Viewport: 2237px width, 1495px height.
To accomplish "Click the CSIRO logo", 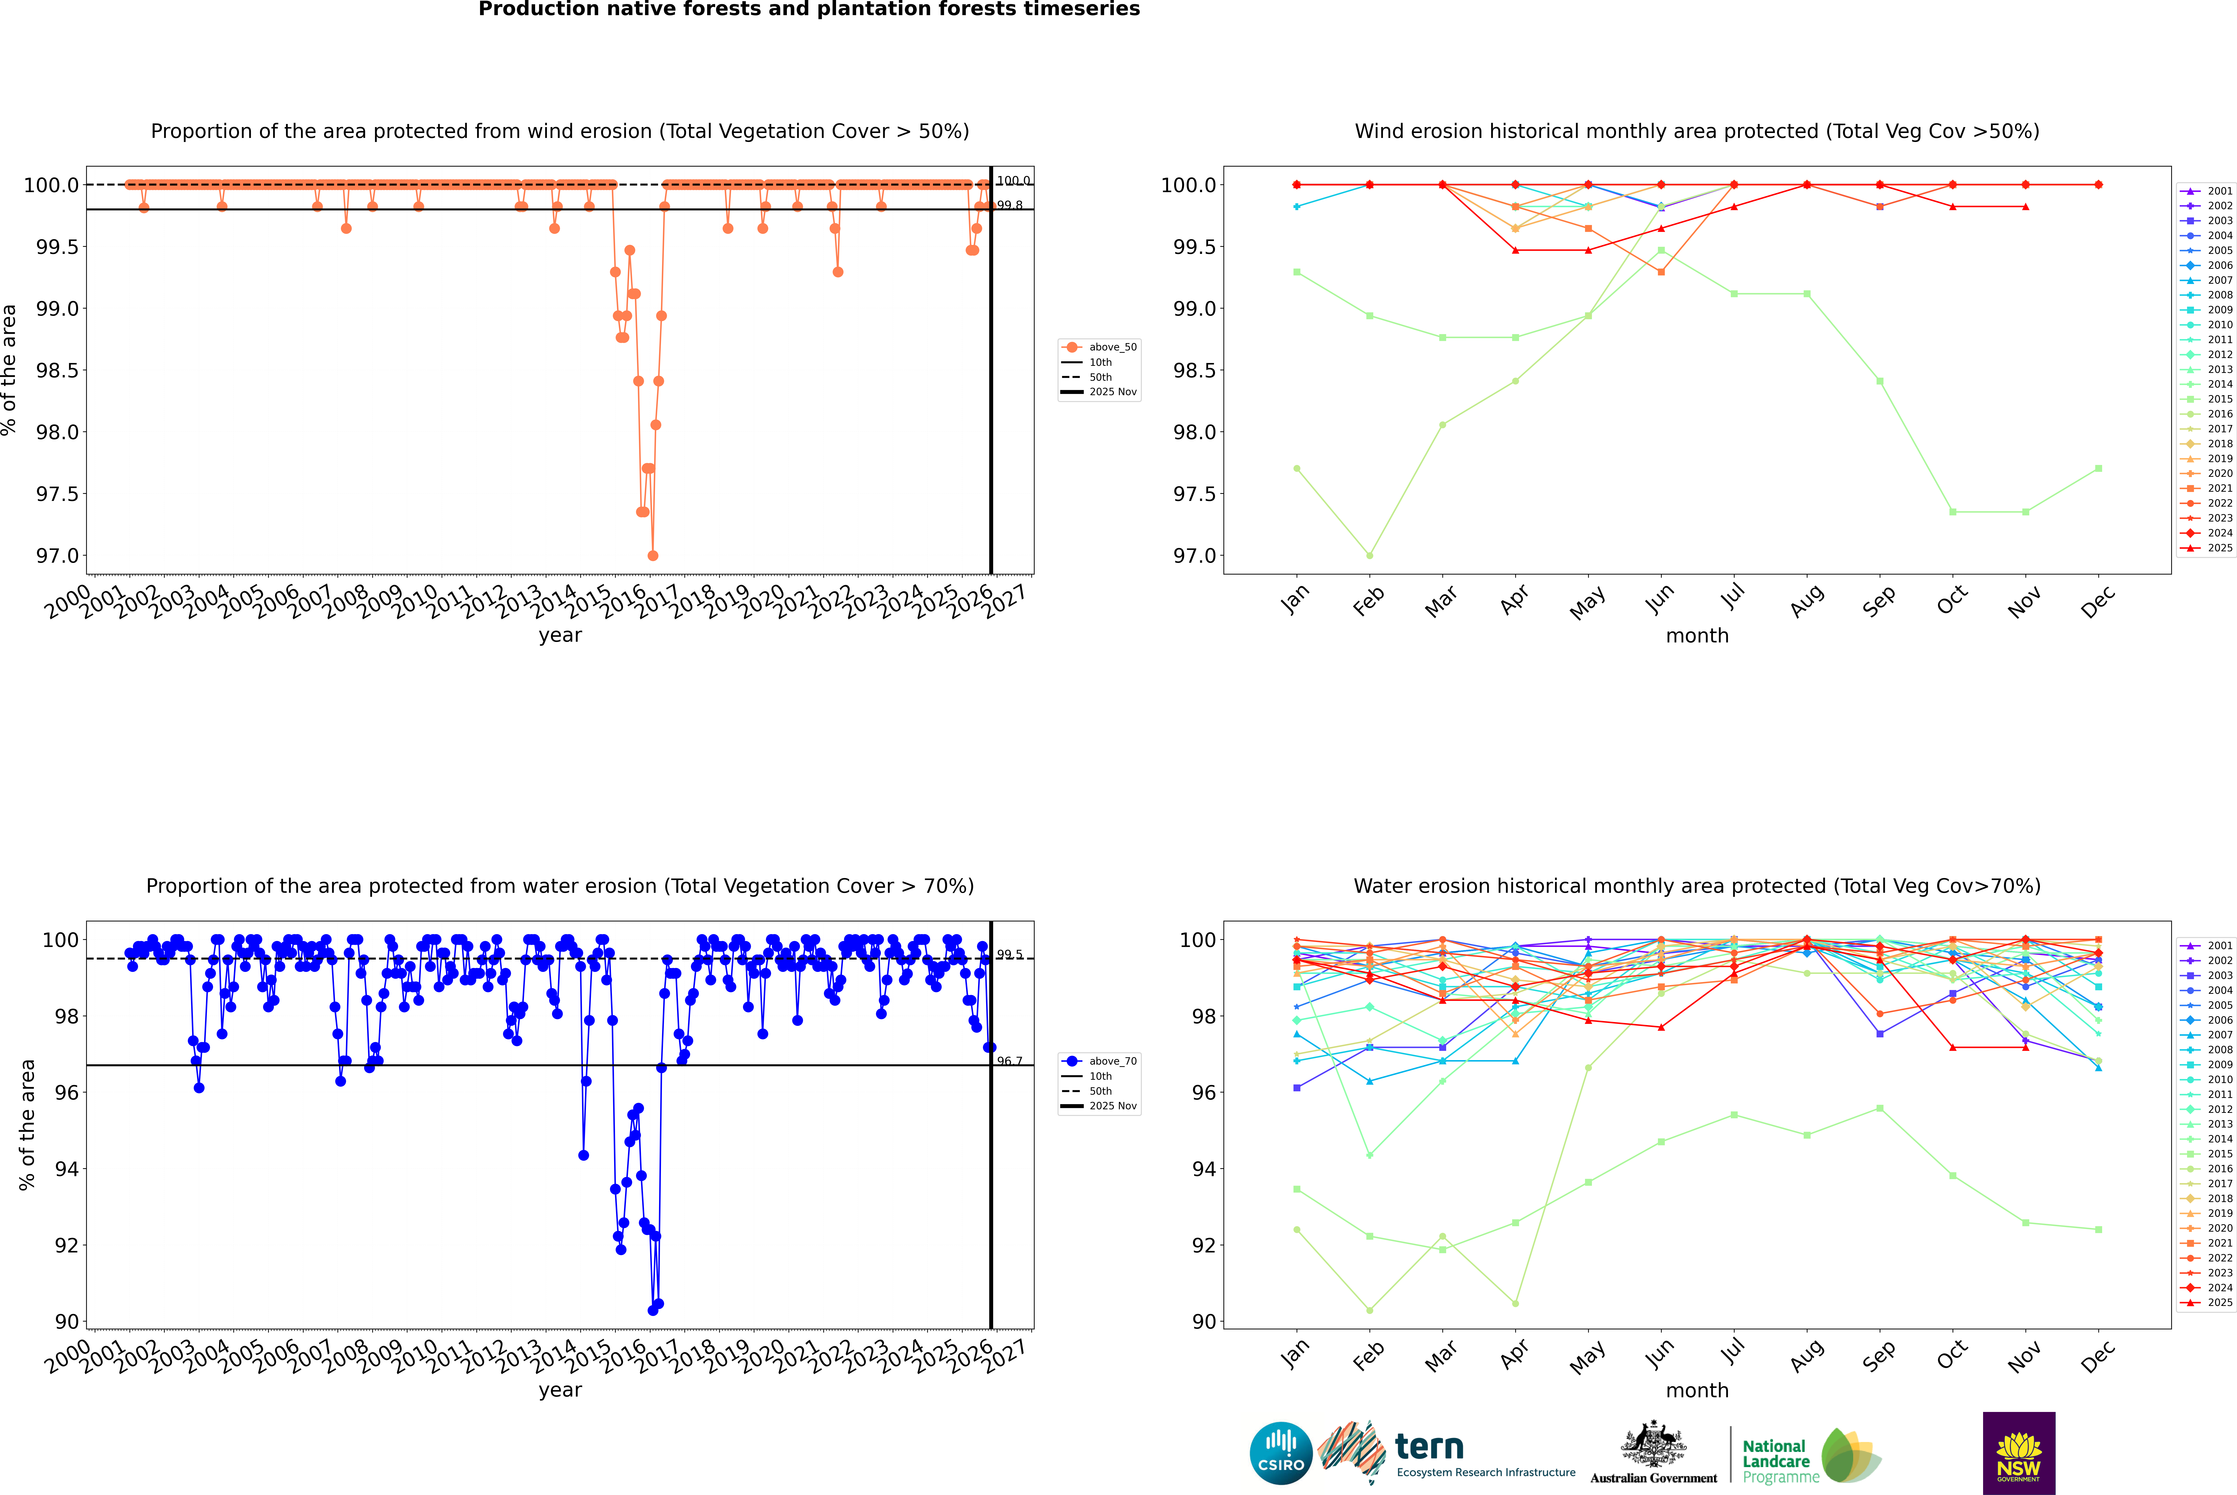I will [1281, 1453].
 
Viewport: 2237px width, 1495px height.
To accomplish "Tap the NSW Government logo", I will [2019, 1453].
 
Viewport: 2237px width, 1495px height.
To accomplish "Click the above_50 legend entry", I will [1112, 347].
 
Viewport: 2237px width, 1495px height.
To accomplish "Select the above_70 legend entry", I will [1112, 1061].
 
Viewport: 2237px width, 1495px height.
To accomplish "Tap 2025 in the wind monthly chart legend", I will [2219, 548].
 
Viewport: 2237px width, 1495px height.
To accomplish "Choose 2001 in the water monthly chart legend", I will [2219, 946].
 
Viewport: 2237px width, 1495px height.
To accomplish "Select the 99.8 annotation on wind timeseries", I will [1010, 205].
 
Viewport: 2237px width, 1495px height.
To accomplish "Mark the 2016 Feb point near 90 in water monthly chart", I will [1369, 1310].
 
